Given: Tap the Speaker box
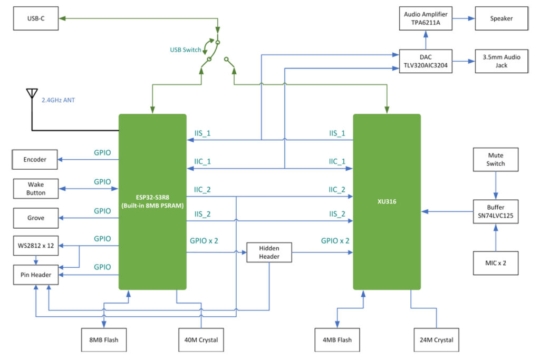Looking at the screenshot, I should click(x=501, y=18).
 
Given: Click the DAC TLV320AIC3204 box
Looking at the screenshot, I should click(x=426, y=62).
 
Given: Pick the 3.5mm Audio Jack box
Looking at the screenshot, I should click(x=501, y=62).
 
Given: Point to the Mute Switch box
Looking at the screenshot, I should click(x=496, y=160).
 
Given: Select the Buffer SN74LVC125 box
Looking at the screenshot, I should click(x=496, y=211).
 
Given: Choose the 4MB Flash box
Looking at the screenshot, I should click(x=337, y=339).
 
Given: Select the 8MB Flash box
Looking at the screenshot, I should click(x=104, y=339).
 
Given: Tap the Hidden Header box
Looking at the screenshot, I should click(x=269, y=252).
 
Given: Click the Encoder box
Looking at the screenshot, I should click(x=35, y=159).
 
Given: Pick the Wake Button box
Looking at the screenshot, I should click(x=36, y=189).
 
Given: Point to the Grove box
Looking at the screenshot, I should click(x=35, y=218).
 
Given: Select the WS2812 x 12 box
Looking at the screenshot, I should click(x=35, y=246).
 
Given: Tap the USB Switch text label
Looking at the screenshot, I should click(x=185, y=50).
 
